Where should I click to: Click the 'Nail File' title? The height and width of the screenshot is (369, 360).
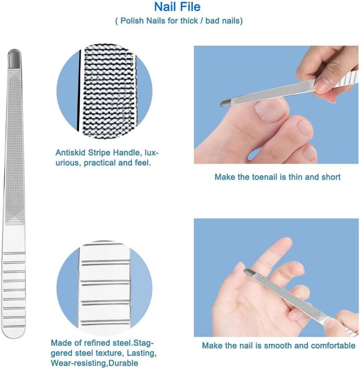[177, 7]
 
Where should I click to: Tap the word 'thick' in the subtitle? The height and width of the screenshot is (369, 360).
[189, 21]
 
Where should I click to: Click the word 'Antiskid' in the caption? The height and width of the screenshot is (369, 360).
[70, 153]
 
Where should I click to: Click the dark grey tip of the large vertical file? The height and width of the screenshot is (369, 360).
[14, 59]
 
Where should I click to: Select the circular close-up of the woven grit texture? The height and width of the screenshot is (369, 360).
[104, 91]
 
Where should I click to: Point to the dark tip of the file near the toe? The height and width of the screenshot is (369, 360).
[225, 103]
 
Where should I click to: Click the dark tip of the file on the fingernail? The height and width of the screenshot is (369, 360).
[249, 273]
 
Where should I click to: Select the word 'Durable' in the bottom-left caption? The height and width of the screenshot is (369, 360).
[124, 363]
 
